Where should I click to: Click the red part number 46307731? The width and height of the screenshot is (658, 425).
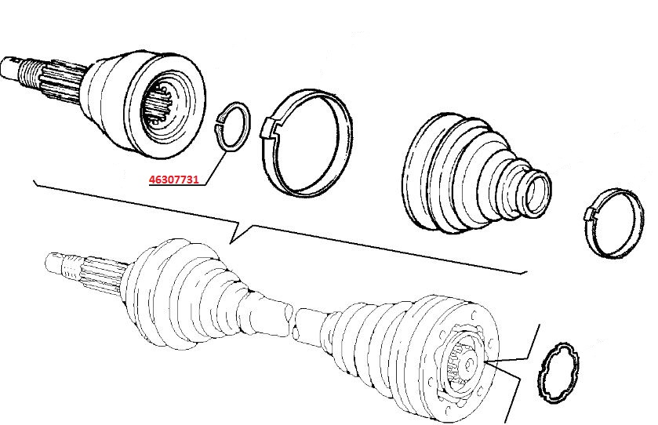[x=174, y=180]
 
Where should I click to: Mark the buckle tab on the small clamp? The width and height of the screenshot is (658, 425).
[x=591, y=214]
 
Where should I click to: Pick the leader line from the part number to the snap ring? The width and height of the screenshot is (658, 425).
[x=217, y=167]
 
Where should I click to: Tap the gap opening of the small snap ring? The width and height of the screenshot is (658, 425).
[x=218, y=123]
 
